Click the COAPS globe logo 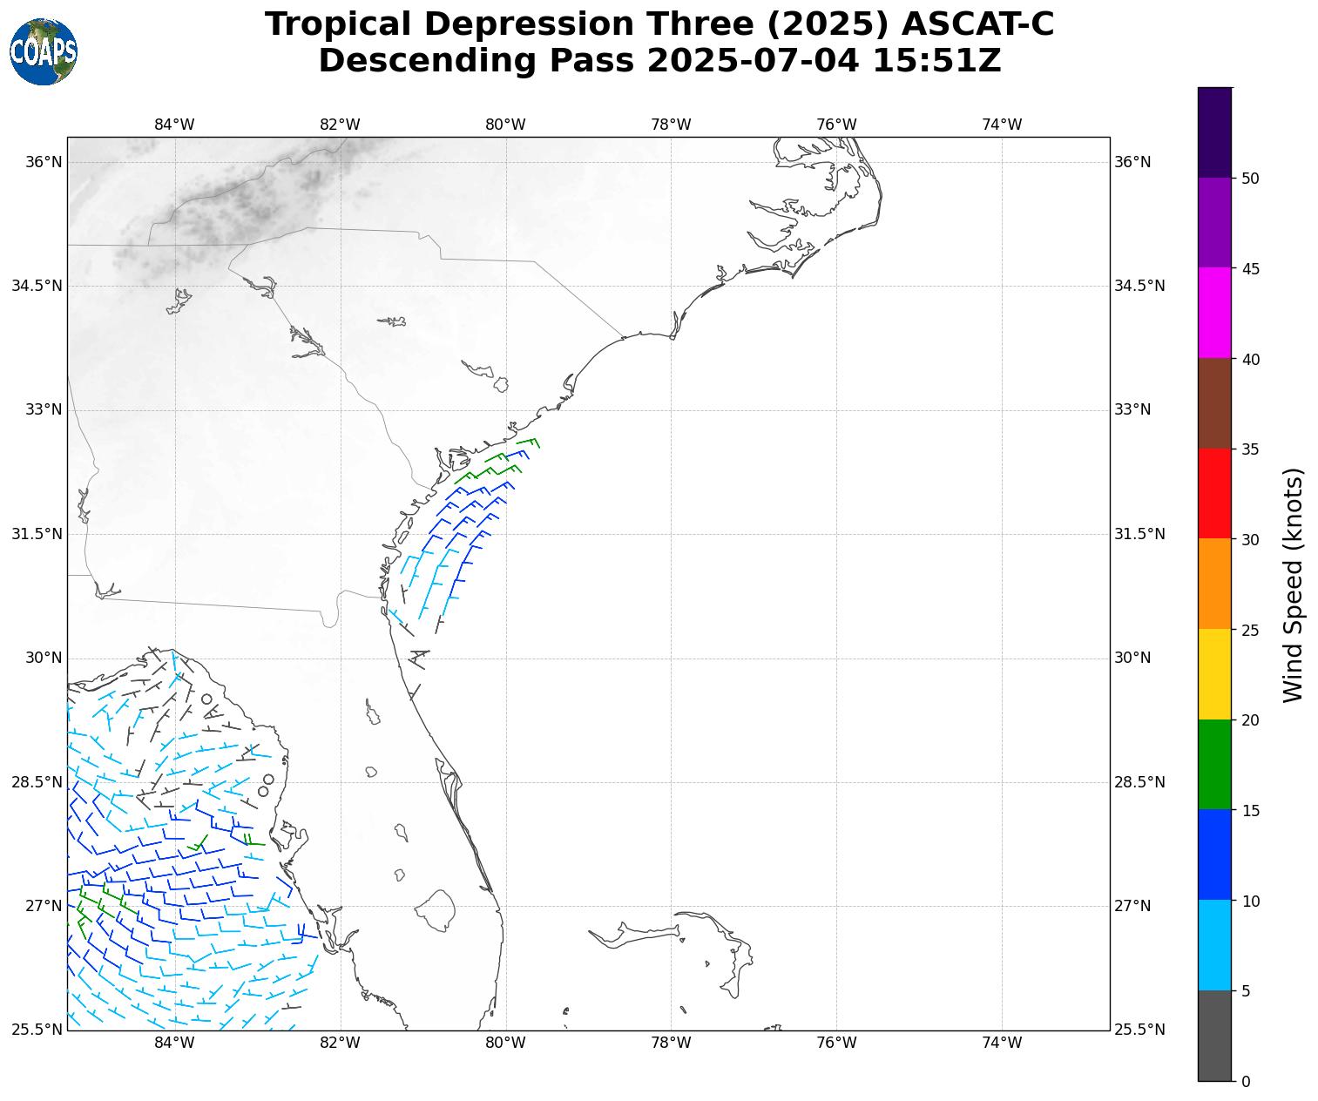(44, 51)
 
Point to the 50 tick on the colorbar (1250, 179)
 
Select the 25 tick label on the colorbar (1250, 630)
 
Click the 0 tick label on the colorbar (1246, 1081)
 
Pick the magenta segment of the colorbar (1214, 313)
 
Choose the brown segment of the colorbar (1214, 403)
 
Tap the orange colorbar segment (1214, 584)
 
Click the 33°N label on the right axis (1132, 409)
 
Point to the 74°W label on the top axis (1002, 125)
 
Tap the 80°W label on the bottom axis (505, 1043)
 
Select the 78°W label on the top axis (671, 125)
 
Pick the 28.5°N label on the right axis (1139, 782)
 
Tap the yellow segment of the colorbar (1214, 674)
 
